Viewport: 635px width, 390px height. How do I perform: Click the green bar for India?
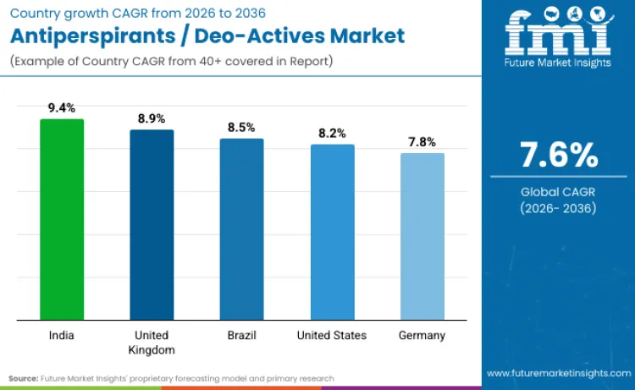62,220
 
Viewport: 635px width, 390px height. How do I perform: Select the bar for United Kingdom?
152,225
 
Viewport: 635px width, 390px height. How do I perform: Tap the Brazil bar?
241,229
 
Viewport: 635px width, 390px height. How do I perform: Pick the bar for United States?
332,233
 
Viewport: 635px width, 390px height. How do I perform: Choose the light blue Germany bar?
422,237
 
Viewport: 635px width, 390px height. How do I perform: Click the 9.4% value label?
62,107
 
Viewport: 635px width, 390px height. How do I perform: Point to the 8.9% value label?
152,118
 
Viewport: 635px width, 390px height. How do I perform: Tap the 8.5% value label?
241,127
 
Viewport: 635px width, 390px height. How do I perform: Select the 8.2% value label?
332,133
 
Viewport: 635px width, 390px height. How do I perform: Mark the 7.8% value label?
422,141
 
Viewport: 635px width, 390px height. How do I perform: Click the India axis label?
62,335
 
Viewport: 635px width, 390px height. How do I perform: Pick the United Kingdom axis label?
152,342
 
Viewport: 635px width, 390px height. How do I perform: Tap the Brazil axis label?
241,335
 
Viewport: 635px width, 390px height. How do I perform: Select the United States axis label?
332,335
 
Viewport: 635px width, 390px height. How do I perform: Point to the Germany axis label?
422,335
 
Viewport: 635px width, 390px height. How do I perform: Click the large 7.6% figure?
558,156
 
